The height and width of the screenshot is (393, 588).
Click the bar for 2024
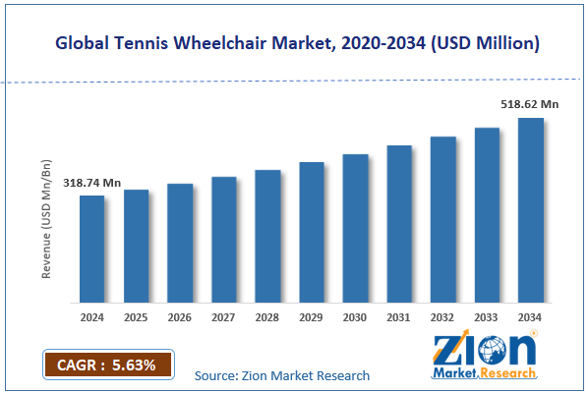pyautogui.click(x=91, y=249)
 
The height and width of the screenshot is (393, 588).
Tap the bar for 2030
pyautogui.click(x=355, y=228)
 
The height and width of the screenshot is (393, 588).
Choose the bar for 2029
pyautogui.click(x=312, y=232)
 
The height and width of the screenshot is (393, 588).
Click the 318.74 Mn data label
pyautogui.click(x=91, y=183)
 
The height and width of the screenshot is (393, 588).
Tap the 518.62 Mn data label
pyautogui.click(x=531, y=103)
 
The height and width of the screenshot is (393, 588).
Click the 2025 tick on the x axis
pyautogui.click(x=136, y=316)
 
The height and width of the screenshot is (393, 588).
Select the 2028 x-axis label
pyautogui.click(x=267, y=316)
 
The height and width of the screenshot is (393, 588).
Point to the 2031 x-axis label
pyautogui.click(x=399, y=316)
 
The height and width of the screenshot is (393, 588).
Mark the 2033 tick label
pyautogui.click(x=488, y=316)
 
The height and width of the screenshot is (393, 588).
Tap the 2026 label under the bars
pyautogui.click(x=180, y=316)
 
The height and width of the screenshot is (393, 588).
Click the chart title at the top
pyautogui.click(x=295, y=44)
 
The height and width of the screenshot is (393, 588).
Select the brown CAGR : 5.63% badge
pyautogui.click(x=108, y=365)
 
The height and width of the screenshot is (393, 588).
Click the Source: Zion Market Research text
pyautogui.click(x=282, y=375)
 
